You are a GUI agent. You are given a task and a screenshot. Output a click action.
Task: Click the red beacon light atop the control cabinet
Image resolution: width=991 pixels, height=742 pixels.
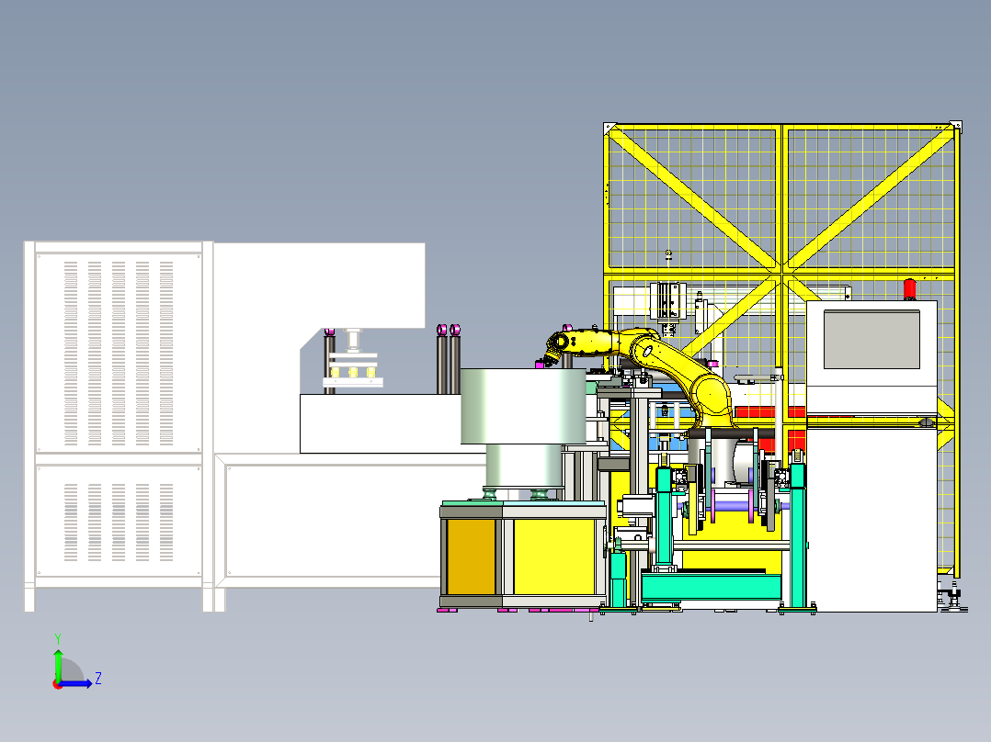[x=910, y=288]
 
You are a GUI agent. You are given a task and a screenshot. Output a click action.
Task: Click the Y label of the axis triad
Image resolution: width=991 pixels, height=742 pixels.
[x=57, y=636]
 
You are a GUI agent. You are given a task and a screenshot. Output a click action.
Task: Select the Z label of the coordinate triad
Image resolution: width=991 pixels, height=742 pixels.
[x=97, y=679]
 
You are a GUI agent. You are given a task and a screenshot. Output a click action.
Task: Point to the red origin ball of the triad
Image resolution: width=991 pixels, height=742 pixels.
[x=57, y=683]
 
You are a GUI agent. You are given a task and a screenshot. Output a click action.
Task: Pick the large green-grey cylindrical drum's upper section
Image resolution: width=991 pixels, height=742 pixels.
[x=521, y=404]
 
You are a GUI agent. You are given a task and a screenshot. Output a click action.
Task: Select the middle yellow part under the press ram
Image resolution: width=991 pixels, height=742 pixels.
[x=353, y=372]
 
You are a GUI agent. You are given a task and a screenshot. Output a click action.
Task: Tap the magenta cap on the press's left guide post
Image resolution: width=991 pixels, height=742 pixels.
[x=328, y=331]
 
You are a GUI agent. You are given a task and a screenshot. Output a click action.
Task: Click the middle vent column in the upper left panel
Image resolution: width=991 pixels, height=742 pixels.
[x=119, y=353]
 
